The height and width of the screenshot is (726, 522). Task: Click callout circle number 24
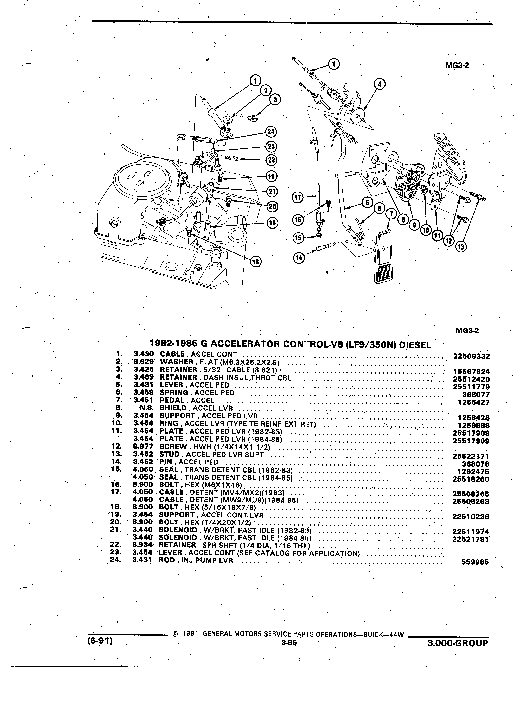point(271,132)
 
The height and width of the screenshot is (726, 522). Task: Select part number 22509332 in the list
point(472,356)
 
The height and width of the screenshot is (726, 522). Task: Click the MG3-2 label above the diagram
point(457,66)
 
